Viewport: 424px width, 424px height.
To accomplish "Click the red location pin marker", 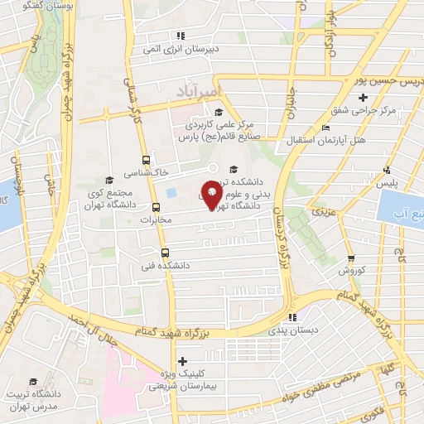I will coord(211,196).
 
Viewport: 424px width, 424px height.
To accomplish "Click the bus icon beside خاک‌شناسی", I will coord(146,160).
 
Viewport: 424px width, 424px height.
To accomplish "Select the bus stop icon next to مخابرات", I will coord(157,206).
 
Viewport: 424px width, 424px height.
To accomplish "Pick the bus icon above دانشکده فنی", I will coord(164,253).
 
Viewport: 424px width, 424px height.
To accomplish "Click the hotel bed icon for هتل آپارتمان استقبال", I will coord(325,128).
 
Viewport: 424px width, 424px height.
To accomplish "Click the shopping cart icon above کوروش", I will coord(349,258).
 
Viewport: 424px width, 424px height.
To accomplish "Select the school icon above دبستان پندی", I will coord(291,317).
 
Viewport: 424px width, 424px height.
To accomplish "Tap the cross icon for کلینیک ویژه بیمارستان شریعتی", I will coord(182,360).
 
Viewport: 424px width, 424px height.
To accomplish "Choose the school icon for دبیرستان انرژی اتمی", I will coord(180,35).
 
